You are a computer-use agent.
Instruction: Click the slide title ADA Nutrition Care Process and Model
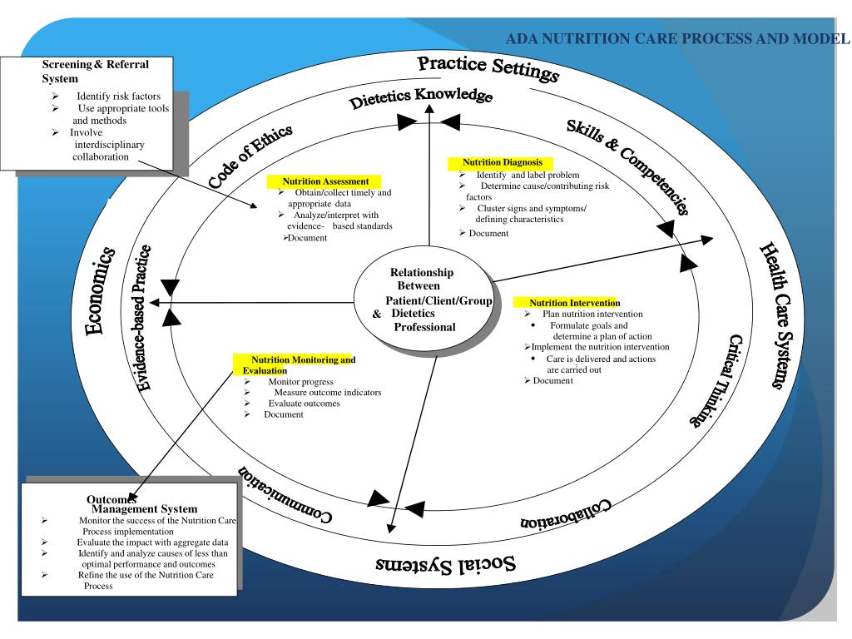coord(679,37)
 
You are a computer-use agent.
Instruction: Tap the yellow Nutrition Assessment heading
coord(325,181)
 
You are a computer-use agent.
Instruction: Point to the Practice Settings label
coord(488,68)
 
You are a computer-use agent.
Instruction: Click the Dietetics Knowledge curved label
coord(421,98)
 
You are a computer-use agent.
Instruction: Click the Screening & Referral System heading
coord(96,71)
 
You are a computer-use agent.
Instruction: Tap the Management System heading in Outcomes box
coord(145,508)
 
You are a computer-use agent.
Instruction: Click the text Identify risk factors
coord(124,97)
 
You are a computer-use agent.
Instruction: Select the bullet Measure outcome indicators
coord(328,392)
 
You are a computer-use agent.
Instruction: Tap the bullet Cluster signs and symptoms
coord(532,208)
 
